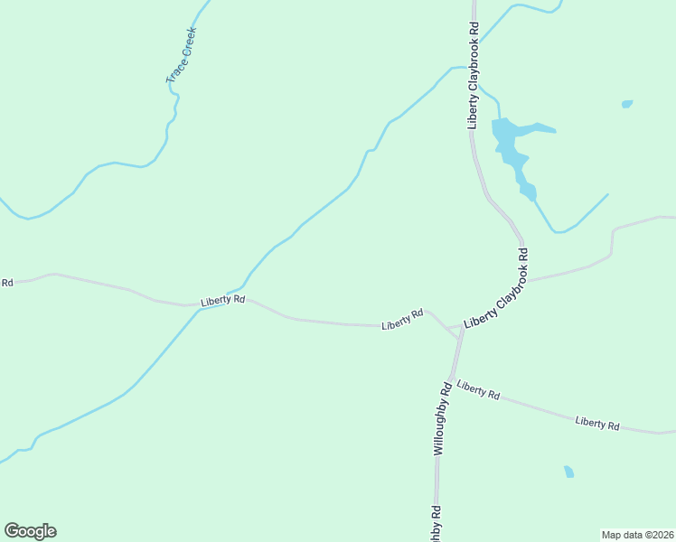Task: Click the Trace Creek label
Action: [182, 56]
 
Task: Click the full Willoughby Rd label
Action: [442, 417]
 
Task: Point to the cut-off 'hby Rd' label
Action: [436, 524]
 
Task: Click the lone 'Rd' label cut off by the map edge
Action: [6, 283]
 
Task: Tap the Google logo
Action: [30, 531]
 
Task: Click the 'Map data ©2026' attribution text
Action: [637, 534]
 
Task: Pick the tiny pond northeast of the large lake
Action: [627, 104]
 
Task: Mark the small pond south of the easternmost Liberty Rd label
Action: [568, 472]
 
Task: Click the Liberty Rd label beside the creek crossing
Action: [223, 300]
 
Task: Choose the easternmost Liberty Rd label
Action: [597, 423]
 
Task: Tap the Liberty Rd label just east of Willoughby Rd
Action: [478, 390]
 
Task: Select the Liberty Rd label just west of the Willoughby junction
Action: [403, 319]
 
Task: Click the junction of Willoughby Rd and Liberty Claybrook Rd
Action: [461, 329]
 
